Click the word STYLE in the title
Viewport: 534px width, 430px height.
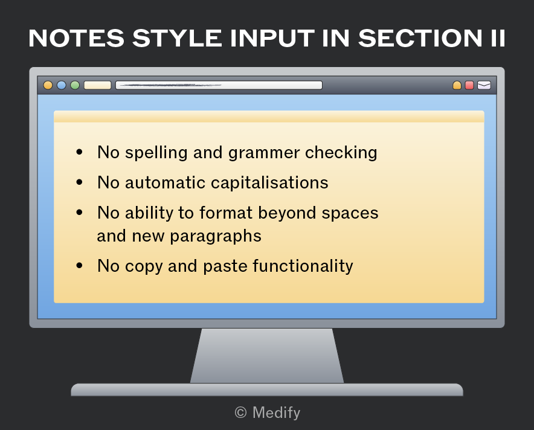pyautogui.click(x=177, y=38)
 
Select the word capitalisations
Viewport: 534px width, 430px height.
pyautogui.click(x=269, y=183)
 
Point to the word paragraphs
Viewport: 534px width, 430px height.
pyautogui.click(x=216, y=237)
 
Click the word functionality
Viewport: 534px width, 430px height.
pyautogui.click(x=303, y=266)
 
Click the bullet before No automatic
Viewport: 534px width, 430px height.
pyautogui.click(x=79, y=182)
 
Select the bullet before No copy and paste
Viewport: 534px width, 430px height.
pyautogui.click(x=79, y=265)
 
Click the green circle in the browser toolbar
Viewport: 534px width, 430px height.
pyautogui.click(x=75, y=85)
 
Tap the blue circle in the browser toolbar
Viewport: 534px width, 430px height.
pyautogui.click(x=61, y=85)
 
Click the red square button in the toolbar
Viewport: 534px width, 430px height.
pyautogui.click(x=469, y=85)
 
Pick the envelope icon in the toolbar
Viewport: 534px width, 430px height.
pyautogui.click(x=484, y=85)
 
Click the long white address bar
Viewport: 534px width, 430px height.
pyautogui.click(x=219, y=85)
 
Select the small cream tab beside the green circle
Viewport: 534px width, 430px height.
pyautogui.click(x=98, y=85)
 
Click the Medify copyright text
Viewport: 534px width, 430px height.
pyautogui.click(x=268, y=412)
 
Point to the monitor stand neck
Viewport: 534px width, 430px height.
pyautogui.click(x=267, y=356)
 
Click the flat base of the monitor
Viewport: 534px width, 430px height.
pyautogui.click(x=267, y=390)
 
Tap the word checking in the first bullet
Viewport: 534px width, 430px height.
pyautogui.click(x=341, y=153)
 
